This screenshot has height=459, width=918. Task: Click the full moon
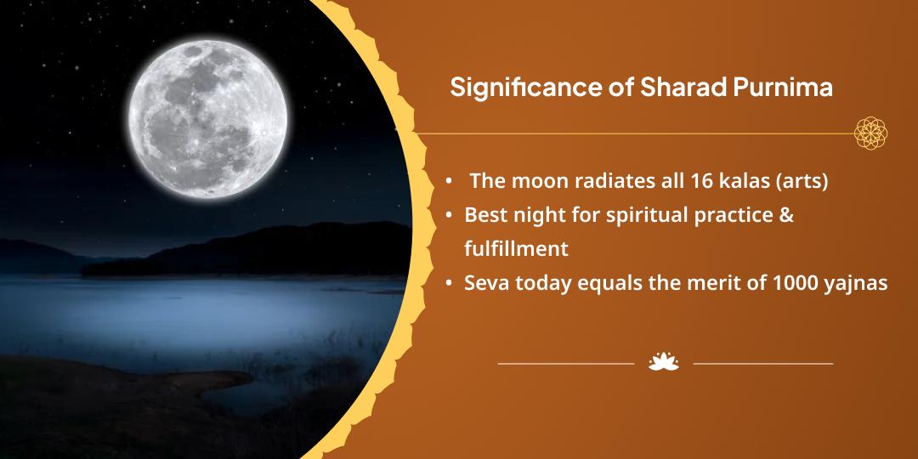coord(208,118)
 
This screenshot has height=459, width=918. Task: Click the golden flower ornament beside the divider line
coord(870,133)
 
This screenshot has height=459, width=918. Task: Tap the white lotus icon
coord(663,362)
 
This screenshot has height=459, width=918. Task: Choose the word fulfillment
coord(517,249)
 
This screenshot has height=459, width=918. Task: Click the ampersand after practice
coord(786,215)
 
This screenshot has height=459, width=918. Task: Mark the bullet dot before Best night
coord(449,215)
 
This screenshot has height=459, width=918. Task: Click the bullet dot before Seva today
coord(449,284)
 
